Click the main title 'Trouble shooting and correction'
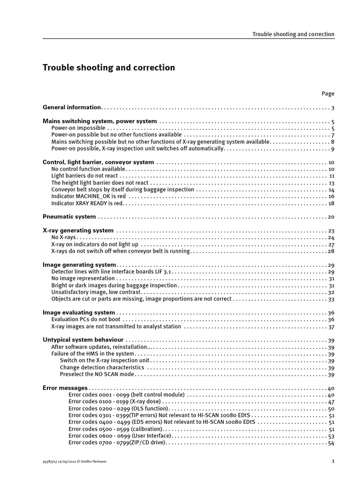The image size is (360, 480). tap(109, 68)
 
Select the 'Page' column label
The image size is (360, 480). tap(328, 94)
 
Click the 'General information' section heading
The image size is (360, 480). tap(72, 107)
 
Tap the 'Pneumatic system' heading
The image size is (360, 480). tap(69, 217)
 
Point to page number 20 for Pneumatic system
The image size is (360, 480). tap(331, 217)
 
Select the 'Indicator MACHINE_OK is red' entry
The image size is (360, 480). tap(88, 196)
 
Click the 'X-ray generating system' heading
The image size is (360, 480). tap(78, 231)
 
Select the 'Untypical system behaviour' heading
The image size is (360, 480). tap(83, 340)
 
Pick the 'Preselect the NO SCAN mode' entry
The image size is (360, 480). tap(97, 375)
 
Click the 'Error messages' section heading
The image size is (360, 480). tap(65, 388)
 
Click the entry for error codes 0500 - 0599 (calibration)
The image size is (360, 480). tap(115, 429)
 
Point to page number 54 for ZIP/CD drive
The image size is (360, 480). tap(331, 443)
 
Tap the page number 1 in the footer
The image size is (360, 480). tap(333, 461)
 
